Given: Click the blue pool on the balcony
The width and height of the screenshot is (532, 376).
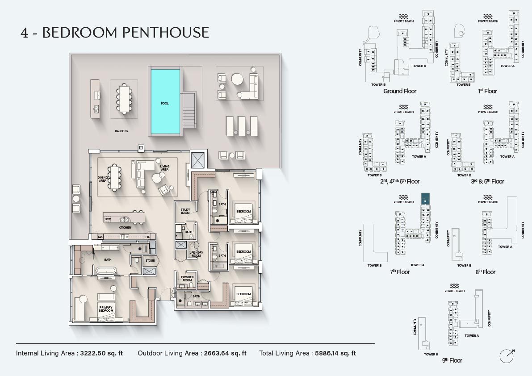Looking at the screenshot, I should [x=165, y=101].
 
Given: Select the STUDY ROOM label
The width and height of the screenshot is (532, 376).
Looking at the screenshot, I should [x=185, y=211].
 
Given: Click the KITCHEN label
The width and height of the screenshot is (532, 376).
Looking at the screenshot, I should [x=125, y=228].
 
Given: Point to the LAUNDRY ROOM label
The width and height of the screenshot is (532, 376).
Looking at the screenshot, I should [x=196, y=254].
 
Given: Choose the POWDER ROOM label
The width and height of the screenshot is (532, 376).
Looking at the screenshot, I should [x=187, y=279].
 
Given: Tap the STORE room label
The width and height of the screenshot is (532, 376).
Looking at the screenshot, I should [x=150, y=260].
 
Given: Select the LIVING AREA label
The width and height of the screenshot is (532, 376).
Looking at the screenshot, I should [x=164, y=168].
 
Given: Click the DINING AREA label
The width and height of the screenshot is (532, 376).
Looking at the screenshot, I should [x=103, y=179].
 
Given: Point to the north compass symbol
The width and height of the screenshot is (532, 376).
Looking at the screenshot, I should [x=507, y=356].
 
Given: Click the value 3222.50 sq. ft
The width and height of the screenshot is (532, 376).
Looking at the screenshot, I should [x=101, y=353].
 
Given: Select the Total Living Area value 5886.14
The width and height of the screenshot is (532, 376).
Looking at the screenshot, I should [x=335, y=353].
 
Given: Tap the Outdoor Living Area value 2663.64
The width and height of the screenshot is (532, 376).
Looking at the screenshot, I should [x=225, y=353].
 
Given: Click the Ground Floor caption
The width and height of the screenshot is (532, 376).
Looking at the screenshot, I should [x=400, y=91].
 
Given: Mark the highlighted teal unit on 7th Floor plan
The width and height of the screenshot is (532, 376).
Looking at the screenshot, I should [x=425, y=199].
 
